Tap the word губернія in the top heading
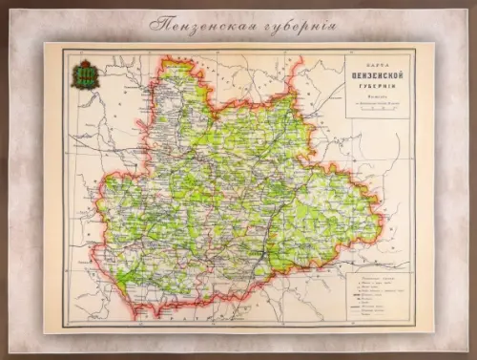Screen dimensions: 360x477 [297, 22]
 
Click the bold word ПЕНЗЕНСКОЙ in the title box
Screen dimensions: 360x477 [377, 74]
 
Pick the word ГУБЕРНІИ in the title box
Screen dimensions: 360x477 [377, 84]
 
